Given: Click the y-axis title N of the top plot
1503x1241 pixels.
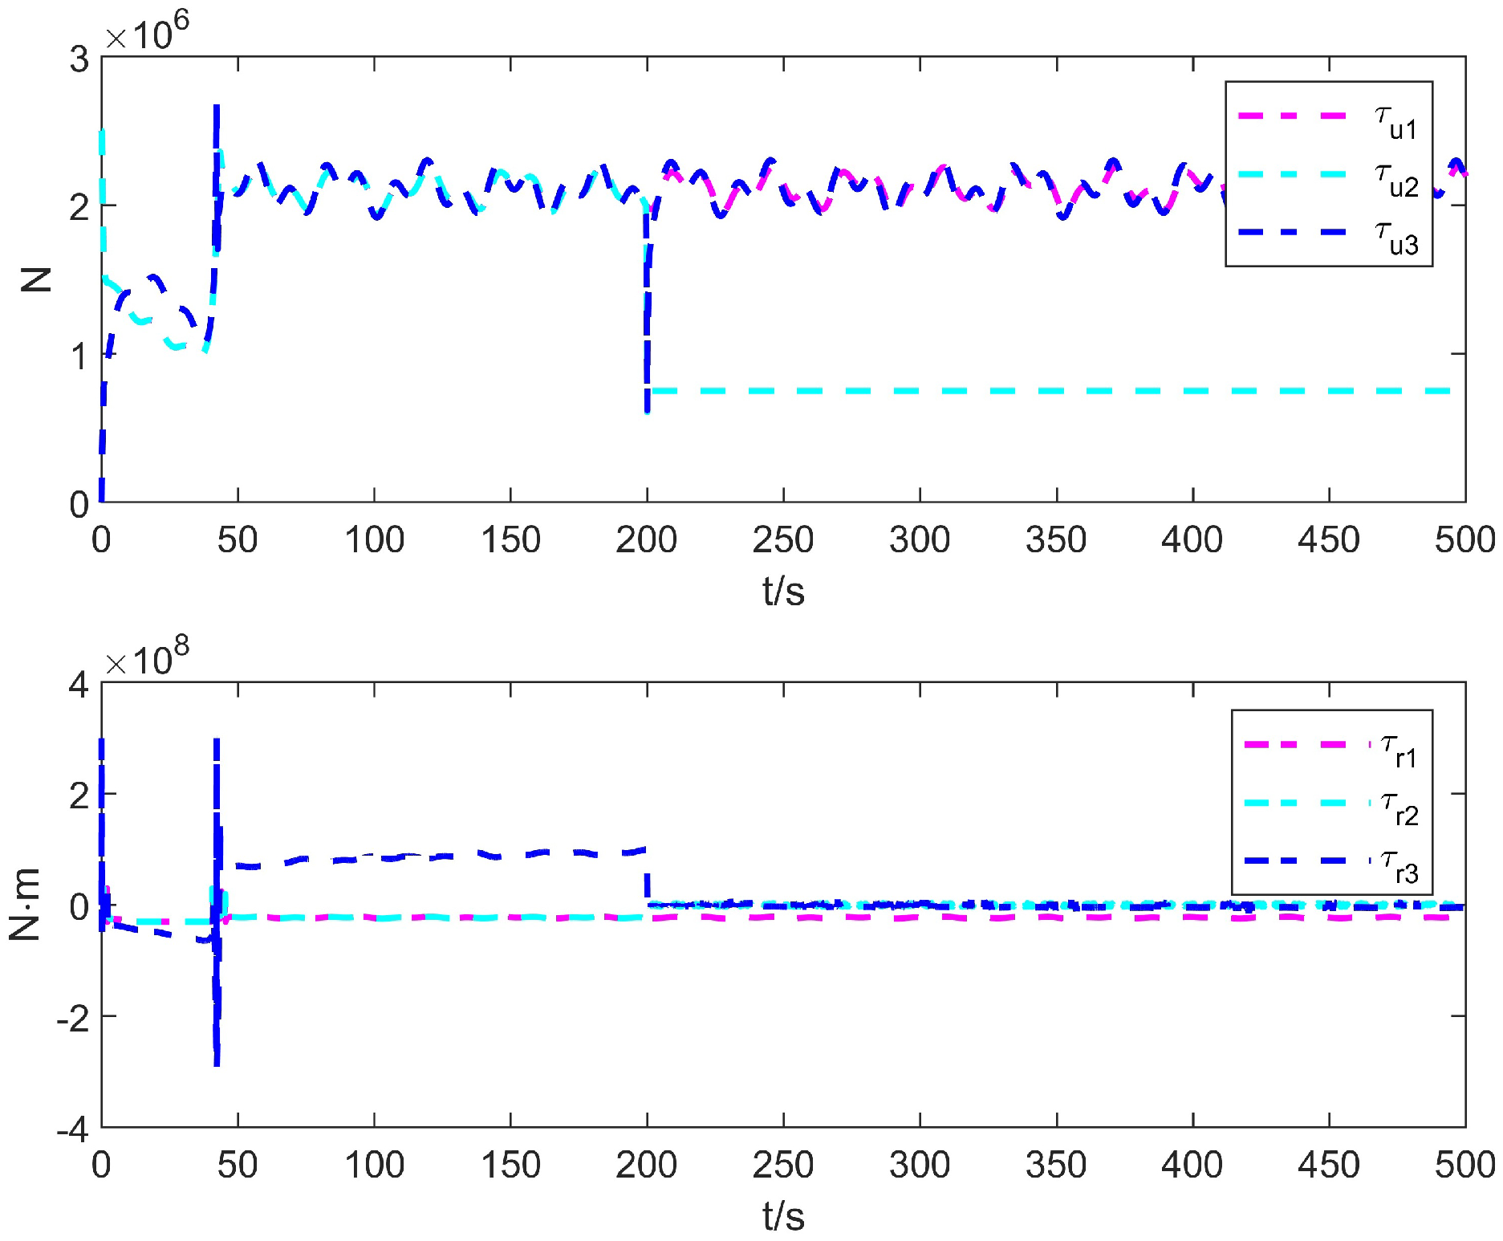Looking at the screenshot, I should pos(35,279).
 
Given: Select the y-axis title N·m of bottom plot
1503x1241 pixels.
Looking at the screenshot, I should pos(26,905).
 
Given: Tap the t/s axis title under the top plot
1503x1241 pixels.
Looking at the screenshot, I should pos(783,592).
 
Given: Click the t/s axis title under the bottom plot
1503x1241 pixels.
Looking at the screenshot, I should pos(783,1216).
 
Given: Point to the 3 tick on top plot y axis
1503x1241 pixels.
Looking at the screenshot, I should pos(79,59).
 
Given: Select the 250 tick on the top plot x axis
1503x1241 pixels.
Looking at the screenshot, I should pos(782,539).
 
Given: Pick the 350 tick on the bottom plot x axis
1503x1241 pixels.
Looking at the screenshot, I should pos(1056,1165).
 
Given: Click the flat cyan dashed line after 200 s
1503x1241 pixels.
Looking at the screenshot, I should pos(1043,391).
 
